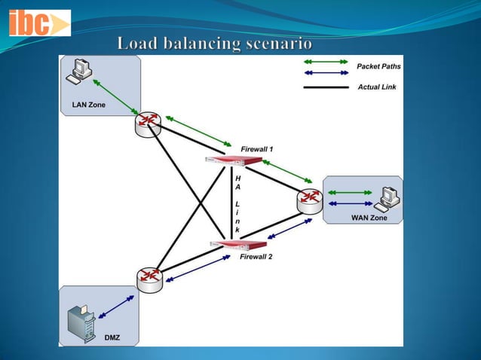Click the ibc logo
[38, 23]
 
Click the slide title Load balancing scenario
[215, 44]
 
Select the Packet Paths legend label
[378, 67]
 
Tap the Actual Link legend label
[377, 87]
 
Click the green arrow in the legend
[326, 62]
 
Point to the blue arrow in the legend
[326, 73]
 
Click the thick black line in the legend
[326, 88]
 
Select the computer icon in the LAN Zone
[78, 72]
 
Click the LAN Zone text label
[89, 105]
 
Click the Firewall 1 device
[234, 160]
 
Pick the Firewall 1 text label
[257, 148]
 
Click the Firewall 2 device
[238, 244]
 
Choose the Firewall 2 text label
[256, 257]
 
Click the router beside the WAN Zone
[308, 200]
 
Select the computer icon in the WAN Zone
[388, 198]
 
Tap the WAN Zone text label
[369, 218]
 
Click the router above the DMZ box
[149, 279]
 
